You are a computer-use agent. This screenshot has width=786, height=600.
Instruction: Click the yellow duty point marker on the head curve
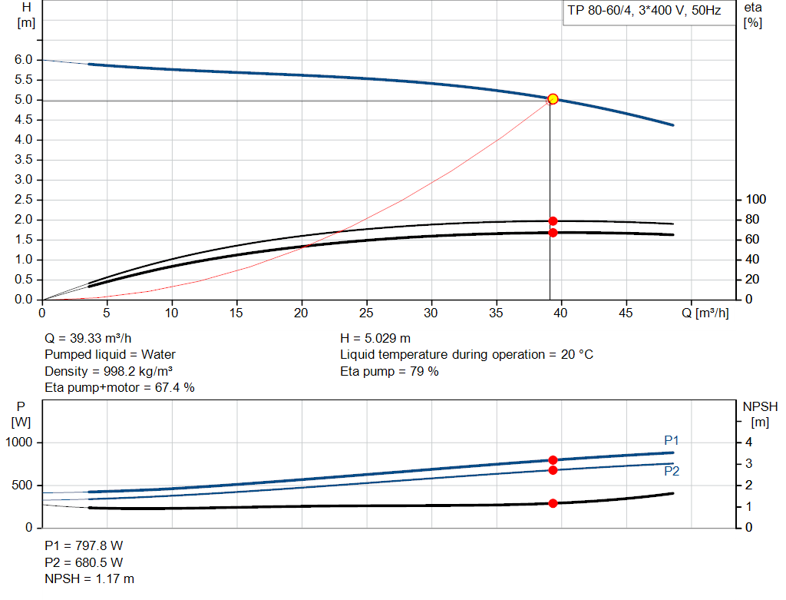[x=553, y=99]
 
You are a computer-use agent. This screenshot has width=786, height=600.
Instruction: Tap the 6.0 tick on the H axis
[x=24, y=60]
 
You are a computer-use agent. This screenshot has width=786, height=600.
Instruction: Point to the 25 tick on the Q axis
[x=367, y=313]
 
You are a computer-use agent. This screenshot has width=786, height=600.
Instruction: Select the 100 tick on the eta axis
[x=757, y=200]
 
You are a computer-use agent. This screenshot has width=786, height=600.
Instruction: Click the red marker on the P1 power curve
[x=553, y=460]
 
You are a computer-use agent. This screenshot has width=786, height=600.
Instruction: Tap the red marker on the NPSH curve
[x=553, y=503]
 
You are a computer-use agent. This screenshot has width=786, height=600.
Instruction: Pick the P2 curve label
[x=671, y=471]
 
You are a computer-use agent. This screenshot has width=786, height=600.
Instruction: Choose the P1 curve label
[x=671, y=440]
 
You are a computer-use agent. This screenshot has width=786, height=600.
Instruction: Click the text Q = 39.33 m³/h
[x=93, y=338]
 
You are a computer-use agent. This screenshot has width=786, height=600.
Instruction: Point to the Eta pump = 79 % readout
[x=389, y=371]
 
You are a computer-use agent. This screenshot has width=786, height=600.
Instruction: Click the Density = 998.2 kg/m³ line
[x=108, y=371]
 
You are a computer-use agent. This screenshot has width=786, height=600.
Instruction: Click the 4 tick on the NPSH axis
[x=750, y=443]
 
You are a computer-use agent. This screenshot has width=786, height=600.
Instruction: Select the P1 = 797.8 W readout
[x=84, y=545]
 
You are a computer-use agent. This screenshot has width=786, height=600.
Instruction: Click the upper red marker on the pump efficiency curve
[x=553, y=221]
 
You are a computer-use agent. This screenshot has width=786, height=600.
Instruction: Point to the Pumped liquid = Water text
[x=110, y=355]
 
